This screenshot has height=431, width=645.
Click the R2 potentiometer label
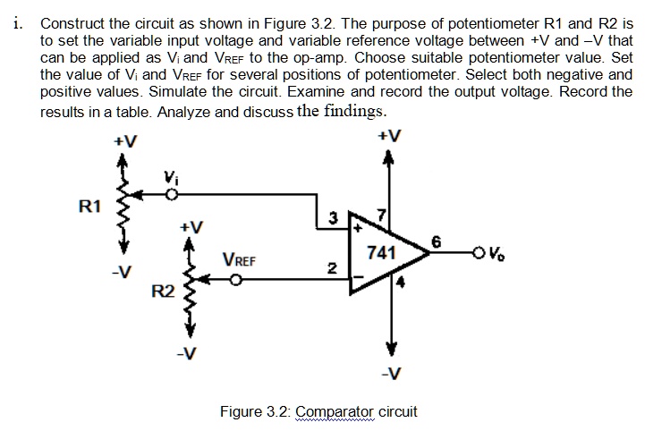(x=162, y=291)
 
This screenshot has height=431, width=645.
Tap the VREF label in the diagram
(x=239, y=261)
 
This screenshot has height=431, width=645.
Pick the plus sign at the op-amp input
(x=355, y=229)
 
